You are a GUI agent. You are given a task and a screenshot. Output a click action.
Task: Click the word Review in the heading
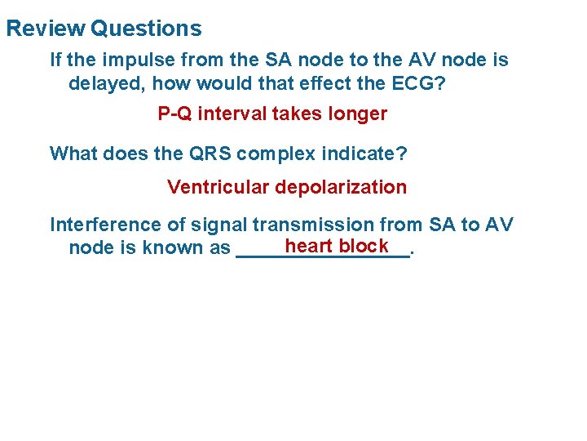point(45,29)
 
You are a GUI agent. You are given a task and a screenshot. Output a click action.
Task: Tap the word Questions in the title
point(147,29)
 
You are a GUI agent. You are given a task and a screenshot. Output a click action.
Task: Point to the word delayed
point(102,84)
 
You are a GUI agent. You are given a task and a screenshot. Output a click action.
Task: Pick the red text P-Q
point(174,114)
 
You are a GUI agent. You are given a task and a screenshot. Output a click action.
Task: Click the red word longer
point(357,114)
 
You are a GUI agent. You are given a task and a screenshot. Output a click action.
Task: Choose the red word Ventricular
point(218,187)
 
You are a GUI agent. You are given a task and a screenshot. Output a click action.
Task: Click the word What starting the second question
point(73,154)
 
